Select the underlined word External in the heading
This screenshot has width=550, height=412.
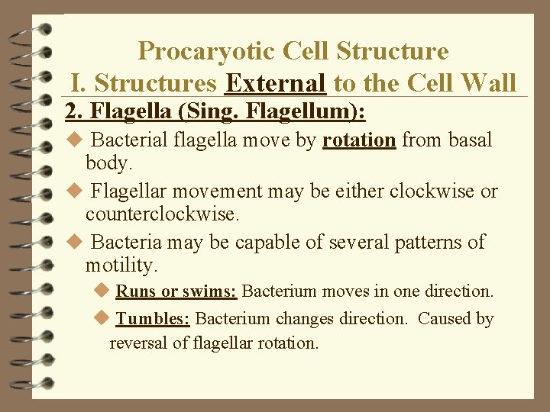pyautogui.click(x=277, y=82)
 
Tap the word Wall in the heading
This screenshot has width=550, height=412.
pyautogui.click(x=488, y=82)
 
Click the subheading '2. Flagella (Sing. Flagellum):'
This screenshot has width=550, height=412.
pyautogui.click(x=216, y=113)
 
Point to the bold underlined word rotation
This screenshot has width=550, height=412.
pyautogui.click(x=358, y=140)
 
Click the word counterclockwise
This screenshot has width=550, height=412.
pyautogui.click(x=162, y=214)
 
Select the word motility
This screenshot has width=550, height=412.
pyautogui.click(x=121, y=266)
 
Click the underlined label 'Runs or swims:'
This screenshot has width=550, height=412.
pyautogui.click(x=176, y=291)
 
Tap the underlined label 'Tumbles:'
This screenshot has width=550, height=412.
pyautogui.click(x=153, y=318)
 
